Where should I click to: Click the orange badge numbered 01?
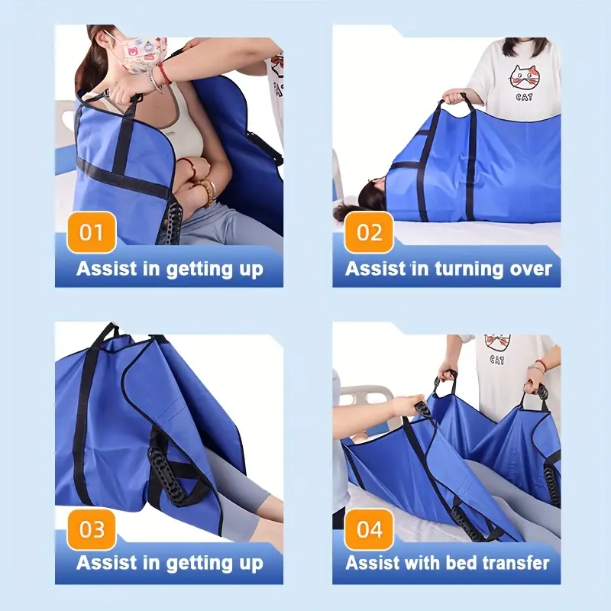[92, 232]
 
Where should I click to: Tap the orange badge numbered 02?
[369, 232]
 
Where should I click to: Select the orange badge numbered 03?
[92, 529]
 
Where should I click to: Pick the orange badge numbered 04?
[369, 529]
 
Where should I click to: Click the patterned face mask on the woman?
[143, 53]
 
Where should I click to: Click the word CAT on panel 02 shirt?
[524, 97]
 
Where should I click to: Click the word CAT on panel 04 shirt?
[497, 359]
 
